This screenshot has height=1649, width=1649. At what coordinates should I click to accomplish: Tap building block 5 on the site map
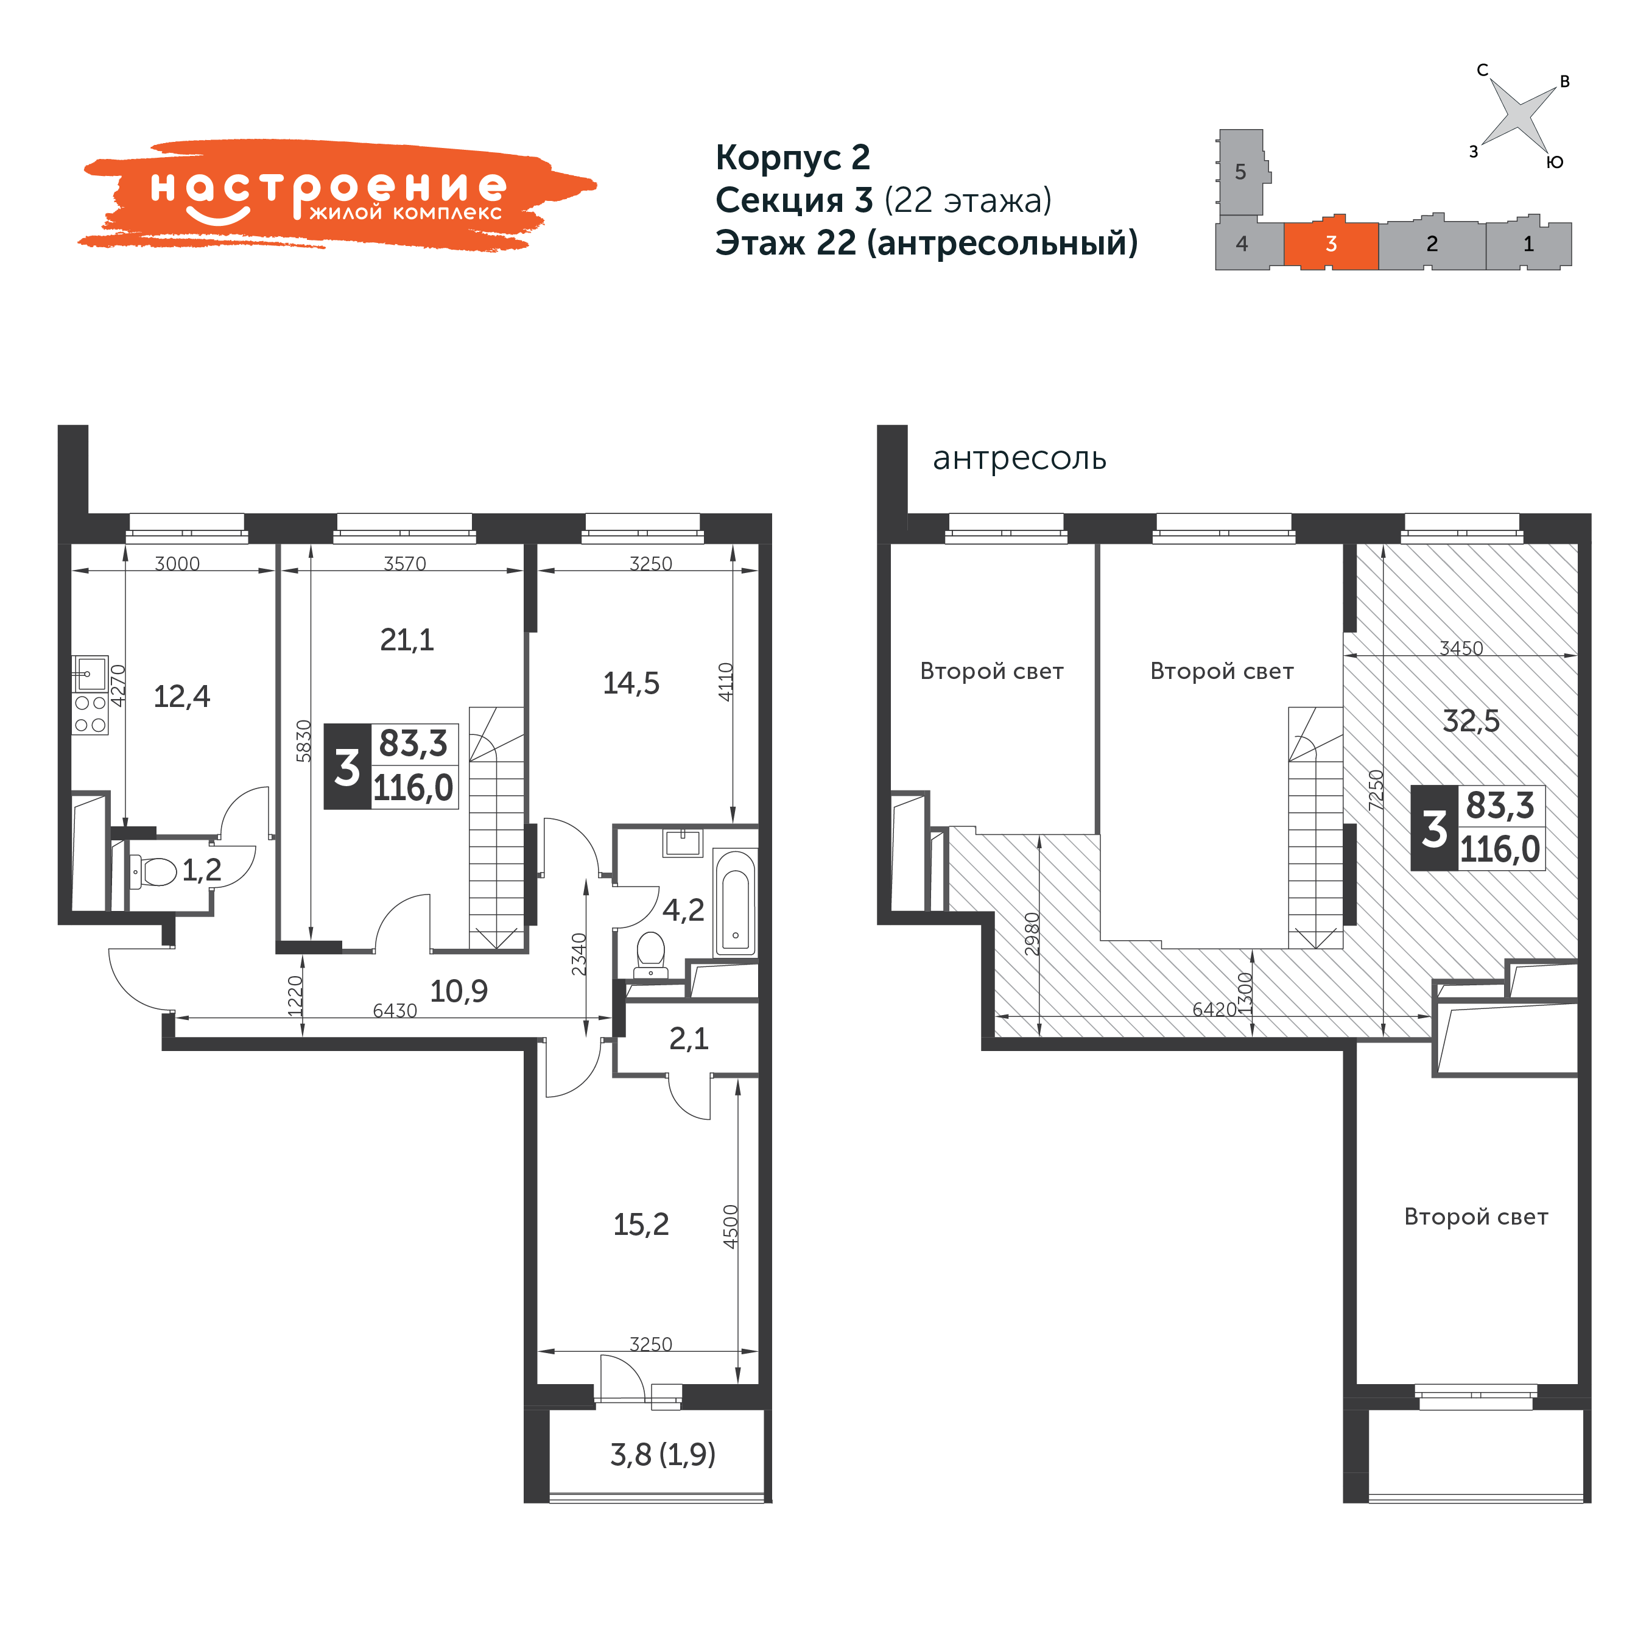pos(1242,172)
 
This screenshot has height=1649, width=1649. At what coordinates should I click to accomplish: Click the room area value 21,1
pos(407,639)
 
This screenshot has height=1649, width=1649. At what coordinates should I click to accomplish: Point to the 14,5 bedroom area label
pos(631,683)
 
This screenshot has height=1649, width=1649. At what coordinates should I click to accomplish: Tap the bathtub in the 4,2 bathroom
pos(735,902)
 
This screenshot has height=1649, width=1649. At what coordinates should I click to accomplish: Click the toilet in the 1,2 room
pos(153,871)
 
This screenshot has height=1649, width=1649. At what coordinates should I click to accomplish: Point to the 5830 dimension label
pos(304,741)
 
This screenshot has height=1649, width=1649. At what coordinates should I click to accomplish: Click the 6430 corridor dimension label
pos(395,1011)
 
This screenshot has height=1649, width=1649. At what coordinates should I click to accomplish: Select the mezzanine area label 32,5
pos(1471,721)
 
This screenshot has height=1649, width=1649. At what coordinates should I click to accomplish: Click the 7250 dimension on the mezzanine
pos(1375,790)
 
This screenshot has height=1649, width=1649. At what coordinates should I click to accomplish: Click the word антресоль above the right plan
pos(1019,459)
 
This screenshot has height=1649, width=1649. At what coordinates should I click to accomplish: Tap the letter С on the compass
pos(1483,71)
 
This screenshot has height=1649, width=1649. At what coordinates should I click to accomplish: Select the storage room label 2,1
pos(689,1039)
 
